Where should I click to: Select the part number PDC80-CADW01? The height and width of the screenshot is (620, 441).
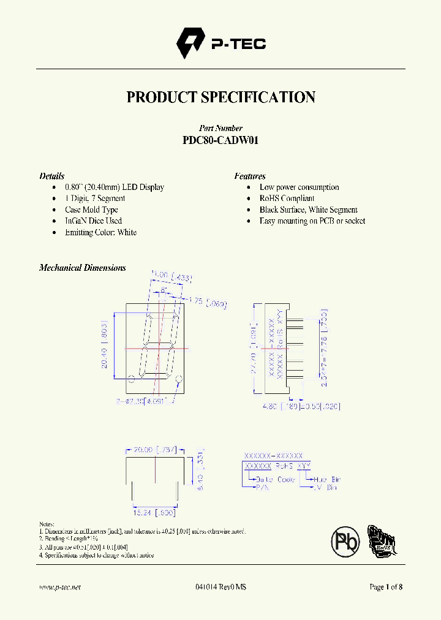[x=221, y=140]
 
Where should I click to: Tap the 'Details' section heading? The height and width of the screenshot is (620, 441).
[x=52, y=176]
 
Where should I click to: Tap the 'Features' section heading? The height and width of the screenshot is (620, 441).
[x=249, y=176]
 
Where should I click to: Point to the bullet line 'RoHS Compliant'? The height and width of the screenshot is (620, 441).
[x=287, y=198]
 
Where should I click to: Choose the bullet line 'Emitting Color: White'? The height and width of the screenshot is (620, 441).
[x=100, y=232]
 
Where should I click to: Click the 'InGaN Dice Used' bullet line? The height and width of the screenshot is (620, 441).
[x=93, y=221]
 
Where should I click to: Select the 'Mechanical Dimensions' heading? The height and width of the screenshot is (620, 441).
[x=83, y=268]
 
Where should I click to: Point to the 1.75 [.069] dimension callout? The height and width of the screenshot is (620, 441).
[x=208, y=301]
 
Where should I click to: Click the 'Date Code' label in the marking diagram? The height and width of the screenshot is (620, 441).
[x=276, y=478]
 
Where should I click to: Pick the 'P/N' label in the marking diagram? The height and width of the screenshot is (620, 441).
[x=263, y=487]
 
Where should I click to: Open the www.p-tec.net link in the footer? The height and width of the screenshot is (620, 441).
[x=60, y=587]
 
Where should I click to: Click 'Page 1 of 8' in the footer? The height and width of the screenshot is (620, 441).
[x=386, y=587]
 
